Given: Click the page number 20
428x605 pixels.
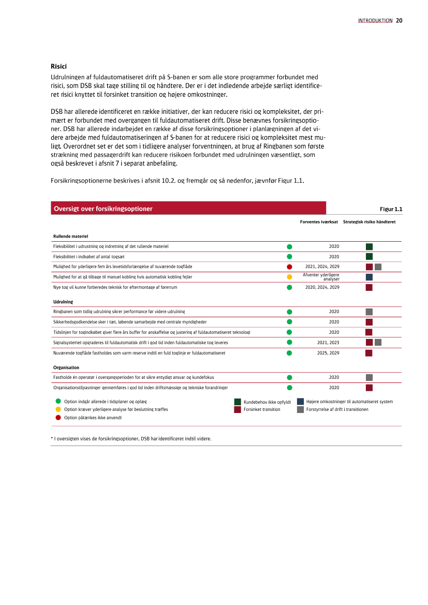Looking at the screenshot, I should [x=399, y=21].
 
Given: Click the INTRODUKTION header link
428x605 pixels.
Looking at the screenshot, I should [x=375, y=21].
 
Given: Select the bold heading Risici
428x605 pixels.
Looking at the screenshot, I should [x=58, y=66].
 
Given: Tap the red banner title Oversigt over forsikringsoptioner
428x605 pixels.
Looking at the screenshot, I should [x=103, y=209].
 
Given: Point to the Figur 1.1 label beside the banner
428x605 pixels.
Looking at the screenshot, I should [x=391, y=209].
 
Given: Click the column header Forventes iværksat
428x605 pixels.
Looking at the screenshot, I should [x=319, y=222].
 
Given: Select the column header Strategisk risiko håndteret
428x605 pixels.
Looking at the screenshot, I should [x=369, y=222].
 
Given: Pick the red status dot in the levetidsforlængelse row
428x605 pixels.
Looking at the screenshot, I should [x=290, y=267].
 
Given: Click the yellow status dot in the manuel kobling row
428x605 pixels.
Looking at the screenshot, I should [x=290, y=277].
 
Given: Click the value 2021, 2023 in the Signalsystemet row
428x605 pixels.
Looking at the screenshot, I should [x=328, y=343].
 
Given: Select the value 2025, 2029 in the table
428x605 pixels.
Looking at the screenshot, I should [x=328, y=353].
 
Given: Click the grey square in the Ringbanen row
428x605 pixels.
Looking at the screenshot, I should [x=369, y=312].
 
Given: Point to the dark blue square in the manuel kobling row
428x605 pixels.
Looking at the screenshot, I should [x=369, y=277].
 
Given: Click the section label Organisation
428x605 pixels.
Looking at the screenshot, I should [x=66, y=367].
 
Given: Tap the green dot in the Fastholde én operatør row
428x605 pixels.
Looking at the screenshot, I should [x=290, y=377].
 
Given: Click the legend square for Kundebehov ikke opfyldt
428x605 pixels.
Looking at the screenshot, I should [x=238, y=402].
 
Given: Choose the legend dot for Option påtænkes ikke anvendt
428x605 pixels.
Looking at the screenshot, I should [x=58, y=417].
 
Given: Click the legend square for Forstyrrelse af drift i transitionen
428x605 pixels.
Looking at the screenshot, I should [x=301, y=409].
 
